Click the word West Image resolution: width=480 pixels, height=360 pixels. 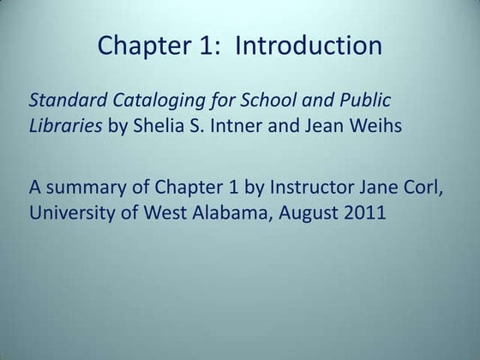(165, 214)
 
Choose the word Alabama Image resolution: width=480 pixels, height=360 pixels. (234, 214)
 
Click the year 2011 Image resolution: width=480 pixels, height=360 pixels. (369, 214)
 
